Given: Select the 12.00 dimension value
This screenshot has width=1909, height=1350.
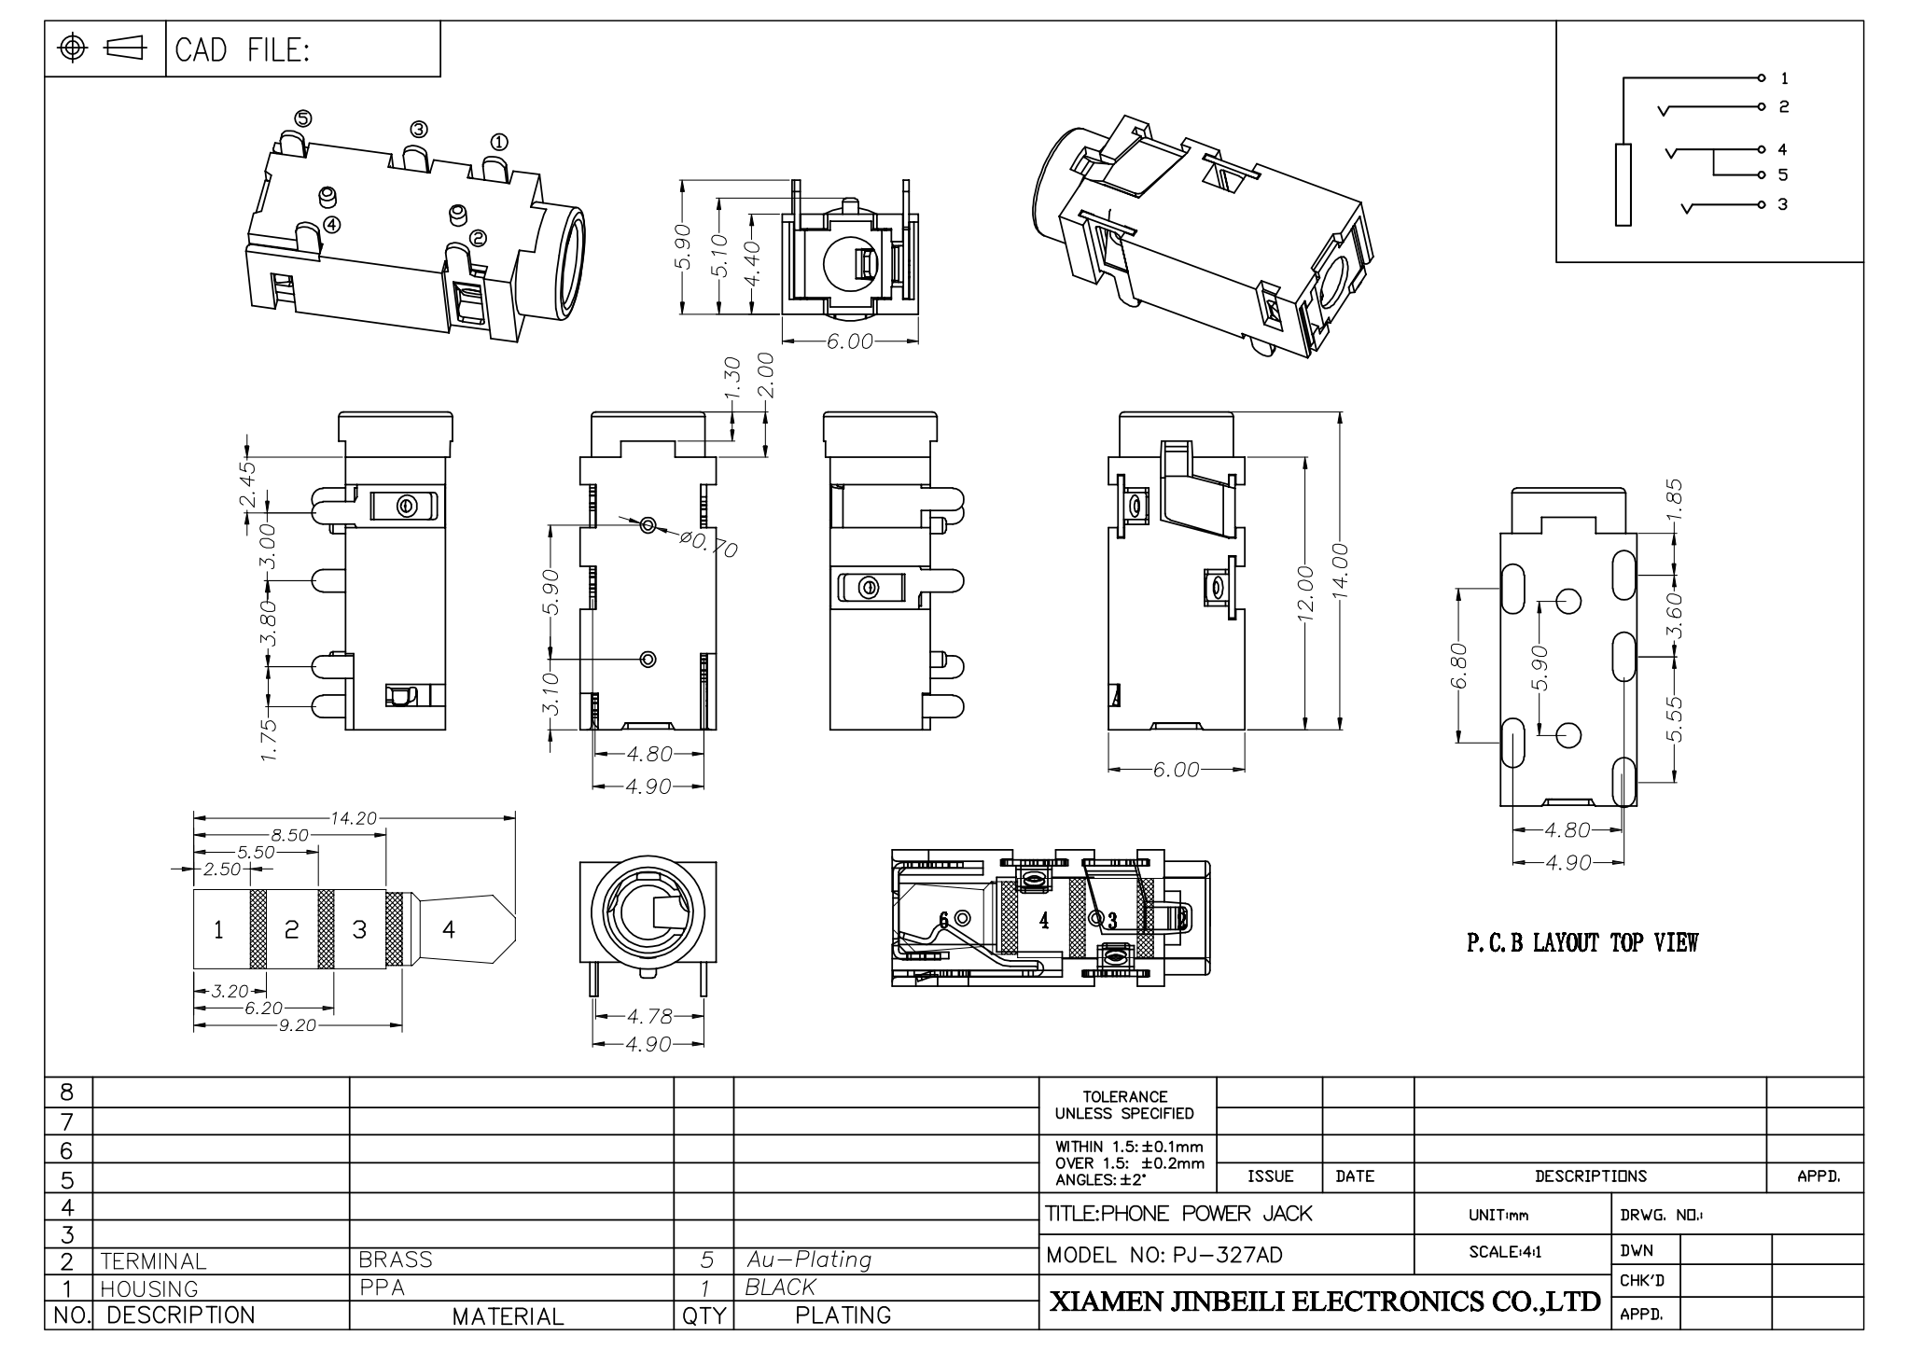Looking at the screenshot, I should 1304,591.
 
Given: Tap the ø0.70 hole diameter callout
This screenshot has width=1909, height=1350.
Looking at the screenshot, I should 710,544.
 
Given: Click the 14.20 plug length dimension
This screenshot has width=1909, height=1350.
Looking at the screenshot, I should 353,819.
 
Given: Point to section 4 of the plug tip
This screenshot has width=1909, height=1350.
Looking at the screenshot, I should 449,929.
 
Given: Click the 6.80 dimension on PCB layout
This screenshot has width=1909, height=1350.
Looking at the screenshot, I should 1460,666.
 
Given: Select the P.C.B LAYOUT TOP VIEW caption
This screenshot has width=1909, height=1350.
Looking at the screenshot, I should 1582,943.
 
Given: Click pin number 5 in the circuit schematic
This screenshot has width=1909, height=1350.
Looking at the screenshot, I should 1782,175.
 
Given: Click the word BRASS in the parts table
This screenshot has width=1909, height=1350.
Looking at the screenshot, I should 396,1260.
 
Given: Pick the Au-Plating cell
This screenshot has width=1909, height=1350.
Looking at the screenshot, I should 808,1260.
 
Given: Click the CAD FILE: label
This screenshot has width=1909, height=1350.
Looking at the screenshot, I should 242,50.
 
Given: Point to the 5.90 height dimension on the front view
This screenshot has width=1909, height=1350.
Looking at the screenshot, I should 682,246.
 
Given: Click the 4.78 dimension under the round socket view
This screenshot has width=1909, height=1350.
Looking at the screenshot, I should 648,1017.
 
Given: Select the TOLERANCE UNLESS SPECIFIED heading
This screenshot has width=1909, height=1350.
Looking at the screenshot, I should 1125,1105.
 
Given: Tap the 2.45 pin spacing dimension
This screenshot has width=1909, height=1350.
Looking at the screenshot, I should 247,484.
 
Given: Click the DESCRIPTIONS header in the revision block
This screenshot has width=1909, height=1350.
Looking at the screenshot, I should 1590,1176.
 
